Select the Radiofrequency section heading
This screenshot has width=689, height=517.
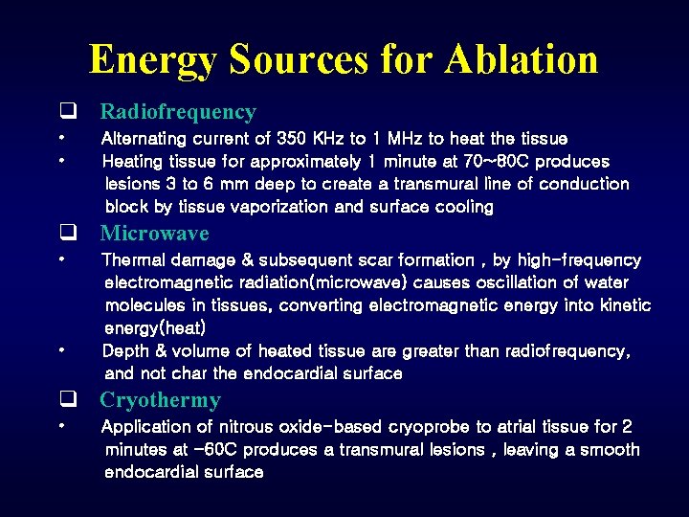pos(178,112)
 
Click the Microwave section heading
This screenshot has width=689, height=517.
pos(154,234)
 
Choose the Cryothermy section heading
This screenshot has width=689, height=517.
pos(160,400)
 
